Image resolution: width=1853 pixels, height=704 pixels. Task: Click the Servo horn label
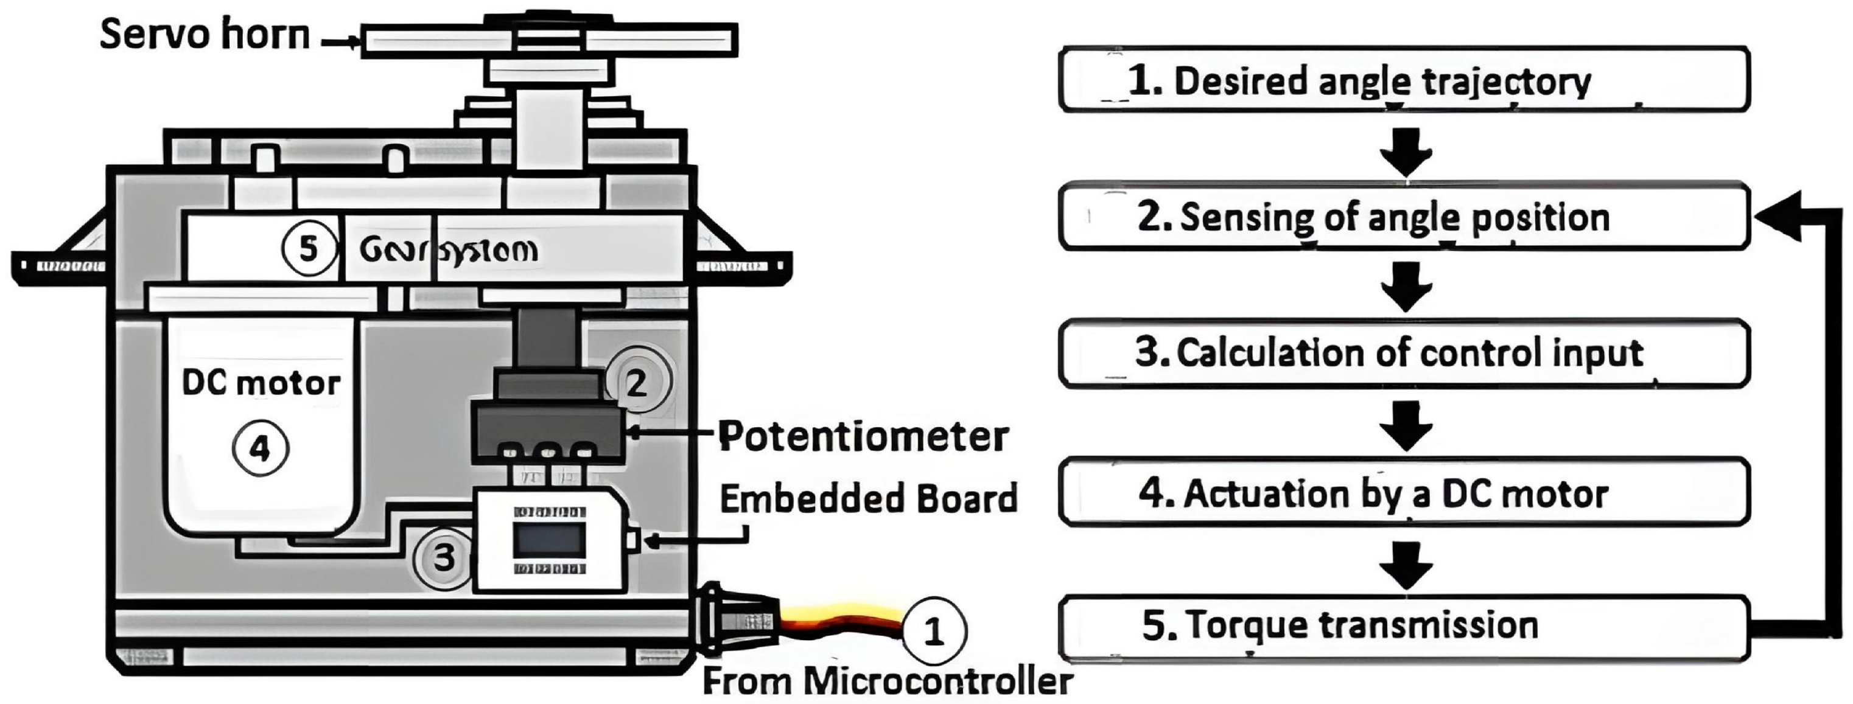tap(205, 35)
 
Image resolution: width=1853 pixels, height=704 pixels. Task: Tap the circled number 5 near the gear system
tap(309, 249)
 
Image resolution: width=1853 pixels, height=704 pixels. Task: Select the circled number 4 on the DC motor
tap(260, 448)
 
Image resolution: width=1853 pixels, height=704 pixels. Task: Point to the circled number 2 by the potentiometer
tap(637, 383)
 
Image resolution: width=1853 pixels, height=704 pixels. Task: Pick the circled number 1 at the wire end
tap(933, 632)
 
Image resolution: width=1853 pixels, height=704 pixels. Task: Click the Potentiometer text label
tap(863, 436)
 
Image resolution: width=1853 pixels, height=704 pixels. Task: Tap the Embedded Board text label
tap(868, 498)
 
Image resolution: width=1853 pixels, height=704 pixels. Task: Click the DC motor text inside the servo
tap(261, 383)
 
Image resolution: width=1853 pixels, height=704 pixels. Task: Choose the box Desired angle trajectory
tap(1404, 80)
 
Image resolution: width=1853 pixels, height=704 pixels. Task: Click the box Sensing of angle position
tap(1404, 217)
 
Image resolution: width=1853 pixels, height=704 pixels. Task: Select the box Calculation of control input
tap(1404, 353)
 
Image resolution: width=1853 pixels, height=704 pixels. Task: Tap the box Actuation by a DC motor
tap(1404, 493)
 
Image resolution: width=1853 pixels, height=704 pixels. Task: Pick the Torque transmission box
tap(1404, 626)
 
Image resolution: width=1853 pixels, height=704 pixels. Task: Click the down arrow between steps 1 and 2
tap(1406, 151)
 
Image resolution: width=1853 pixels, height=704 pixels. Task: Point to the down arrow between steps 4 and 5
tap(1406, 565)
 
